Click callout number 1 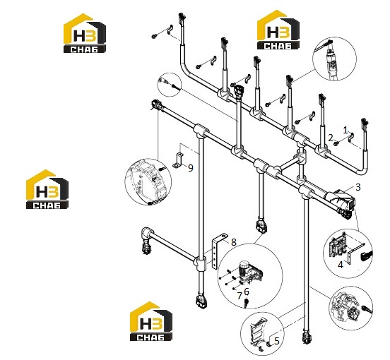345,130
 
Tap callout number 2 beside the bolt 331,138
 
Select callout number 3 358,187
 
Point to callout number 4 341,265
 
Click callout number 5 277,341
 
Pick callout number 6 247,292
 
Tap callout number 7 240,296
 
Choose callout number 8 233,242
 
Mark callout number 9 191,168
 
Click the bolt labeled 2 336,143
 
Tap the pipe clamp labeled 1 351,138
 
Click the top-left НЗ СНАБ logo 85,33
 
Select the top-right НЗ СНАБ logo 278,30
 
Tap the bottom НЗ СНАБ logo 151,321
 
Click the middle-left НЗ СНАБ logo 47,189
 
